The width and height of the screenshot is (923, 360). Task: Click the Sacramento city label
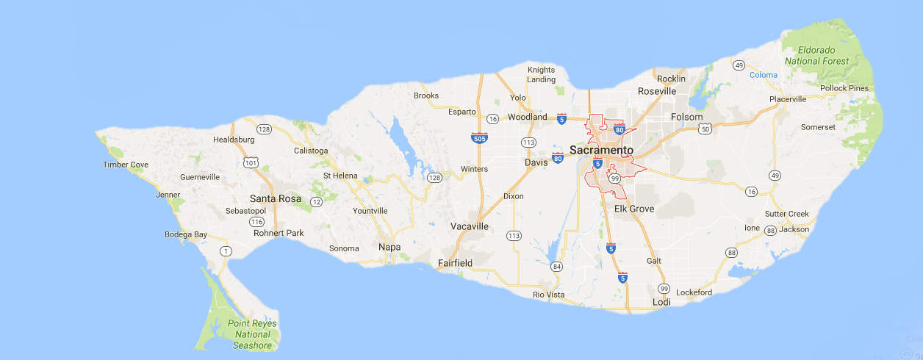pos(601,150)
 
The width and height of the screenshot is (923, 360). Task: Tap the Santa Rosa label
pos(276,198)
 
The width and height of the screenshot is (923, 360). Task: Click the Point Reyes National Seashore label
pos(252,334)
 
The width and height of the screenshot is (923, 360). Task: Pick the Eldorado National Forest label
pos(816,56)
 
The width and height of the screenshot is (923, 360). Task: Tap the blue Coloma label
pos(763,75)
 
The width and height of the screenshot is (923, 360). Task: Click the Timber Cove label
pos(126,165)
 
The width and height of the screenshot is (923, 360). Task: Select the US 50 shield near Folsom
pos(705,129)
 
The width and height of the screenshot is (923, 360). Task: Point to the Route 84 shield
pos(556,266)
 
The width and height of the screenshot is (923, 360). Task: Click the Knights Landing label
pos(542,74)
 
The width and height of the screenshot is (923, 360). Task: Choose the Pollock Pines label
pos(844,88)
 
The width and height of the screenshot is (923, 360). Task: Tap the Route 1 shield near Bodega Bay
pos(226,251)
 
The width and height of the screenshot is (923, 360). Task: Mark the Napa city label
pos(389,247)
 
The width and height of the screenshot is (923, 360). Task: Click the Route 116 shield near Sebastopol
pos(256,221)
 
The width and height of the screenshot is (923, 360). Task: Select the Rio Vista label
pos(548,295)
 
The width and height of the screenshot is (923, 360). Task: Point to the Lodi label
pos(661,302)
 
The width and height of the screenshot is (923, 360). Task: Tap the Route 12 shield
pos(317,201)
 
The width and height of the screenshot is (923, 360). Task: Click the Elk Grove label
pos(634,209)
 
